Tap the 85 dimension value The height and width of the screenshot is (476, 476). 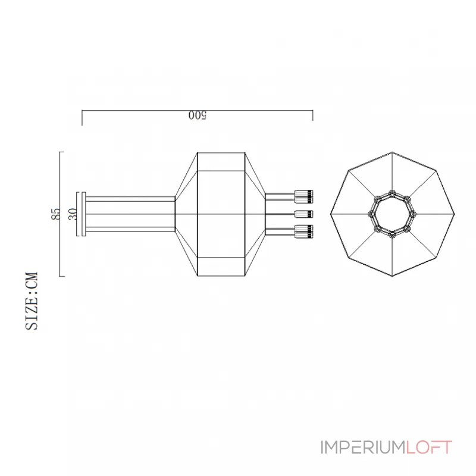point(56,214)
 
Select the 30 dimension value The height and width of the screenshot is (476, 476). point(73,214)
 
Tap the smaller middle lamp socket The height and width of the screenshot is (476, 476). point(304,214)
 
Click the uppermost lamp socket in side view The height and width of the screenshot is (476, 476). point(304,195)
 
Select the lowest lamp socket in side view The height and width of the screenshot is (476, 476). point(304,231)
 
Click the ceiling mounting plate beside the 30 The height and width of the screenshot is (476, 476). point(83,214)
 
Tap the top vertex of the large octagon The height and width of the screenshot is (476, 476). point(392,152)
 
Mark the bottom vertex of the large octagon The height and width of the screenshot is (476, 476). point(392,277)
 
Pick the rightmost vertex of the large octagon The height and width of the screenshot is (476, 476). point(455,214)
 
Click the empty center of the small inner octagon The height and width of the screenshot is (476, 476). point(392,214)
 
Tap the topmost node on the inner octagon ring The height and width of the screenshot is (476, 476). point(392,192)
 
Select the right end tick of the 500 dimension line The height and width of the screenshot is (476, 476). point(313,115)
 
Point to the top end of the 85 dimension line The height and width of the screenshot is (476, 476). point(61,152)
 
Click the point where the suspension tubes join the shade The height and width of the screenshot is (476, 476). point(175,214)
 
